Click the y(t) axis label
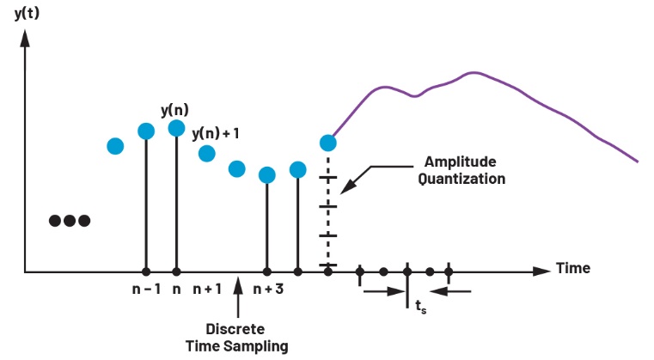click(29, 13)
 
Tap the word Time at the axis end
click(573, 268)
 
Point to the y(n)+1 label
click(216, 134)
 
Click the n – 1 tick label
click(146, 289)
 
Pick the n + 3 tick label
click(268, 289)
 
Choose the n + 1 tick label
click(207, 289)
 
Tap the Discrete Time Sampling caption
click(236, 337)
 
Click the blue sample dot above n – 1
click(146, 131)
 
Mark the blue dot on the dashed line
click(327, 143)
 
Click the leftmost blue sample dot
click(115, 146)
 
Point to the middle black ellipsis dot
click(70, 221)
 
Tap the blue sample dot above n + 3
click(266, 175)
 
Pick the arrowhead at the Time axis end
click(541, 271)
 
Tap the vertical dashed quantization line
click(327, 215)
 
